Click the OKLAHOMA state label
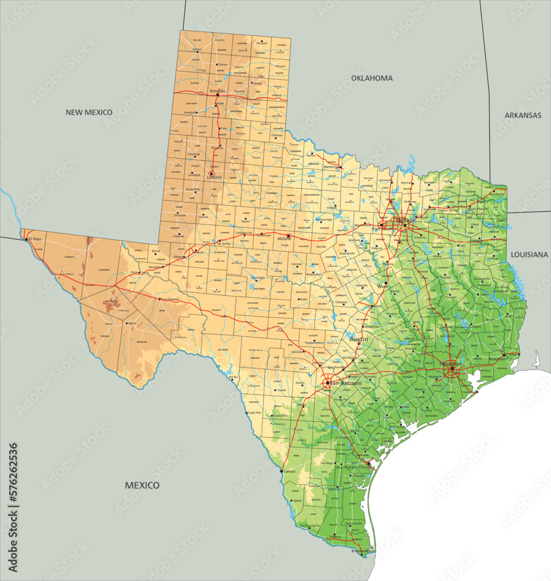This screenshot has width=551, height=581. [371, 78]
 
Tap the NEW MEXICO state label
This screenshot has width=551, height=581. [89, 112]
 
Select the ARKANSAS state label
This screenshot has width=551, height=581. [523, 116]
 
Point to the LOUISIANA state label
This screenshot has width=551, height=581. [529, 254]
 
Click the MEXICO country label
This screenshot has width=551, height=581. [142, 485]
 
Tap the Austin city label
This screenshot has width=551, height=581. [359, 339]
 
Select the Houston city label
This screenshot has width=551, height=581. [450, 364]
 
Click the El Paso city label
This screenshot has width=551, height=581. [35, 239]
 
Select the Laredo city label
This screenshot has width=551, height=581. [289, 471]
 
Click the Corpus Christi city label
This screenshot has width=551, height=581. [357, 467]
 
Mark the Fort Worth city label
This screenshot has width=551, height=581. [384, 229]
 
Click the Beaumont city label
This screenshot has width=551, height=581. [497, 359]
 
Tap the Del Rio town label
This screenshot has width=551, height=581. [234, 377]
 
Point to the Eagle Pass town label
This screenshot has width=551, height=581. [255, 413]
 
